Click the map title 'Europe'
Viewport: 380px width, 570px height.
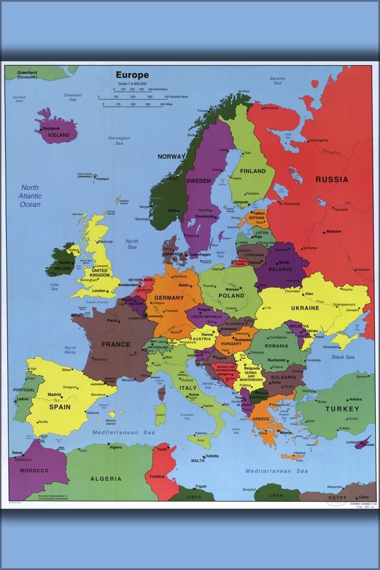click(x=132, y=75)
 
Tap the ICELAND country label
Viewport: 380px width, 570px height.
click(x=58, y=135)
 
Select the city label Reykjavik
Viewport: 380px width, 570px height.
click(x=53, y=129)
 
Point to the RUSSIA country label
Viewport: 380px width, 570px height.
click(x=332, y=180)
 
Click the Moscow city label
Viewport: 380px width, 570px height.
click(x=333, y=231)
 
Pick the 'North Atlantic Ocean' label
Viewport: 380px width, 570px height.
click(x=30, y=196)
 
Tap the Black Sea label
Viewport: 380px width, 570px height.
click(x=343, y=357)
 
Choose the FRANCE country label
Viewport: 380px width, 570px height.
click(x=115, y=344)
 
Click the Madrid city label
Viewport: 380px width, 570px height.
click(x=54, y=395)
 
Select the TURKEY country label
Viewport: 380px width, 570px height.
click(x=342, y=408)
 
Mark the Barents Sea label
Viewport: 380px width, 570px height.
click(x=277, y=80)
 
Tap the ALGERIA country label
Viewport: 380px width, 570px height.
click(x=106, y=479)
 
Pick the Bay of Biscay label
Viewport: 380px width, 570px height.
click(x=70, y=350)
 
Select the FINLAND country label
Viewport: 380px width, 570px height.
click(x=253, y=171)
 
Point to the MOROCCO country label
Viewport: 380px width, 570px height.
click(x=34, y=470)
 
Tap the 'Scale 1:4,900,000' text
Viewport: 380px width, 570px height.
click(x=132, y=84)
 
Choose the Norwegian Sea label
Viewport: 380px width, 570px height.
click(x=119, y=141)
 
